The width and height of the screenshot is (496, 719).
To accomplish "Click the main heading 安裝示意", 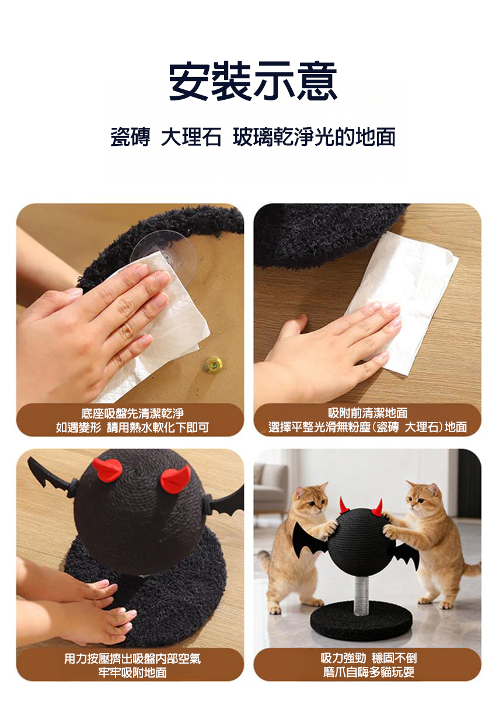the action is point(253,81).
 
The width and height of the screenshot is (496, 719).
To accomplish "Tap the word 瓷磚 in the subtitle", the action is point(130,137).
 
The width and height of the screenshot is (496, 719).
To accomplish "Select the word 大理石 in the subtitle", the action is point(191,137).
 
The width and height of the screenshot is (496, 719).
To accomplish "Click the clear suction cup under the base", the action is point(164,256).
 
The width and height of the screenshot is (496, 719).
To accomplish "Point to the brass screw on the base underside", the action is point(214,364).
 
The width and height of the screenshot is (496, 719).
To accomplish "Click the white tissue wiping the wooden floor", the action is point(401,301).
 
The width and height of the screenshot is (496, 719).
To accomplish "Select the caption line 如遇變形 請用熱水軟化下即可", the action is point(132,427).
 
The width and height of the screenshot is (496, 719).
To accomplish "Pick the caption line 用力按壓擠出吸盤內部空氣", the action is point(132,659).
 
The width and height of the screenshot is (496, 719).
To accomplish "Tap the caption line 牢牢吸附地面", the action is point(132,673).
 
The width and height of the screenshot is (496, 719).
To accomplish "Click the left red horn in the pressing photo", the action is point(107,470).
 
